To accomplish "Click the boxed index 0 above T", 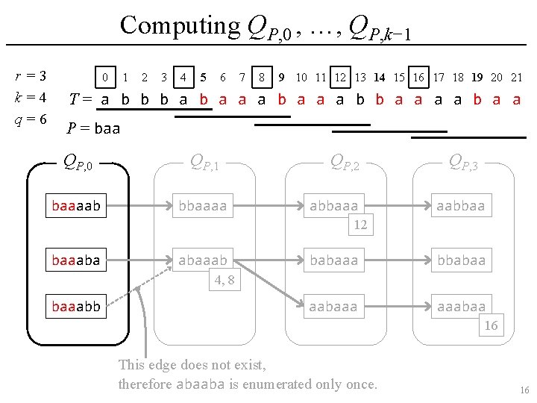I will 106,77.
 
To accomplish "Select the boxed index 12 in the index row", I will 340,77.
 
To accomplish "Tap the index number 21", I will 516,77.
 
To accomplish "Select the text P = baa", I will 93,128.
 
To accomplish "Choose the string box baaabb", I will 77,305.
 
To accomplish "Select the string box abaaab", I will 204,260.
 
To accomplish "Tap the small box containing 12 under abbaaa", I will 360,225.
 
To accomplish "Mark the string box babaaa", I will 333,260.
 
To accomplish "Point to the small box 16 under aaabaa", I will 491,325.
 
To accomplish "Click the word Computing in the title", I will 177,25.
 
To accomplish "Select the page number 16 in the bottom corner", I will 524,390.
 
